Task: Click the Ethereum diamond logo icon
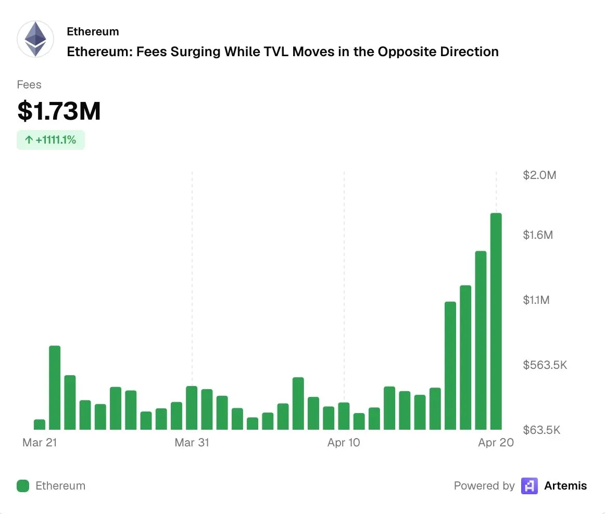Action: (35, 39)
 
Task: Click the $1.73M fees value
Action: (59, 111)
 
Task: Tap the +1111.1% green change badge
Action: (51, 140)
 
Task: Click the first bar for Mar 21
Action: (40, 425)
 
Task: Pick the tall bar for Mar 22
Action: (55, 388)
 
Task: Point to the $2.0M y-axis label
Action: (539, 175)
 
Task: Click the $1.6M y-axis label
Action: (538, 235)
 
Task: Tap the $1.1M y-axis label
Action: (536, 300)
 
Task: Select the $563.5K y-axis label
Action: (545, 365)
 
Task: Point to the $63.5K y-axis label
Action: (541, 430)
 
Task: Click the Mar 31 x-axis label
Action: (192, 443)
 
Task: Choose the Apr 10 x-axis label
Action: (344, 443)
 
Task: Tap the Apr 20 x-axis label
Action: (496, 443)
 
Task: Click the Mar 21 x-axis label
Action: (40, 443)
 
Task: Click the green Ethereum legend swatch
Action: (23, 486)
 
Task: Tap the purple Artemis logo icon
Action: (530, 486)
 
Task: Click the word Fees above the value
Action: (29, 85)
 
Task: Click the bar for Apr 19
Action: (481, 340)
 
